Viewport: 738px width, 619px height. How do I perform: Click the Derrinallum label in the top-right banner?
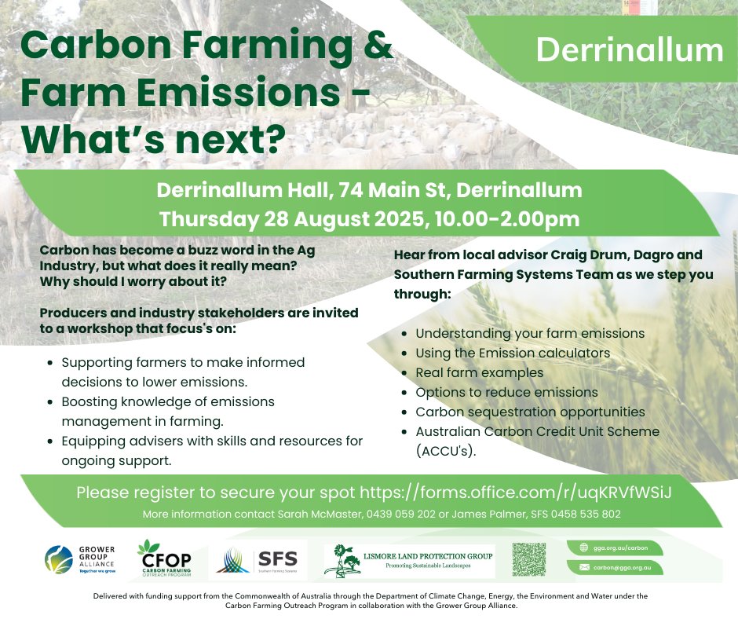630,50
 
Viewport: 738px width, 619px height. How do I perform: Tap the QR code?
528,560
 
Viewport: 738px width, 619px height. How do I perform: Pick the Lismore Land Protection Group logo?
409,560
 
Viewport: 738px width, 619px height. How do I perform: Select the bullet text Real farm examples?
479,372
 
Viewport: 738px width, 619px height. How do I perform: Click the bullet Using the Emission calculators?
513,353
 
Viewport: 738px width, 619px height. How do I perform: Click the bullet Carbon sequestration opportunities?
530,412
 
